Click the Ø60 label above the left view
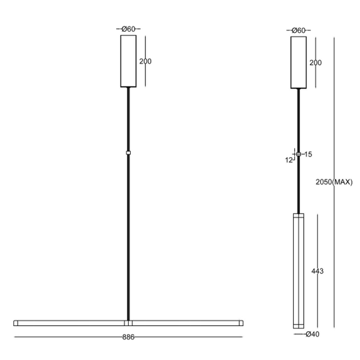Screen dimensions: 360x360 (128, 29)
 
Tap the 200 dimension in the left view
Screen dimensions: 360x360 (145, 61)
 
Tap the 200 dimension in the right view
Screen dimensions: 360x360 (316, 63)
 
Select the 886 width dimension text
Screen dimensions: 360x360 (128, 336)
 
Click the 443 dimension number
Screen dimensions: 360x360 (318, 271)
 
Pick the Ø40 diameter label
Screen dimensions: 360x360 (311, 334)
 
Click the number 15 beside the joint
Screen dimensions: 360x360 (308, 154)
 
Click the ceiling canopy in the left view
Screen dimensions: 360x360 (128, 61)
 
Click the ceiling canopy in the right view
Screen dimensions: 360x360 (298, 62)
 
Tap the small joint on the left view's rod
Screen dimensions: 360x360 (128, 153)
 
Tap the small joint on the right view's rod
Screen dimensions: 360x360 (298, 154)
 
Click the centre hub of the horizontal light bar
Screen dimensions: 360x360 (128, 323)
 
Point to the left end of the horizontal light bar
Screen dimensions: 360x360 (16, 323)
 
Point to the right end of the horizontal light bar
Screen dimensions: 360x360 (240, 323)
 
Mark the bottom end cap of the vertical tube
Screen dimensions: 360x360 (298, 325)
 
